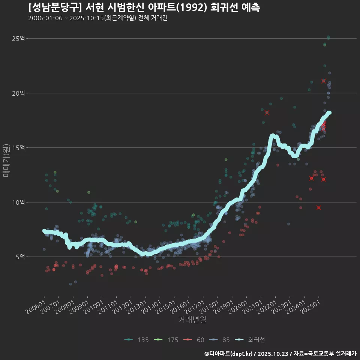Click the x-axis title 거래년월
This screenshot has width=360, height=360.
coord(192,320)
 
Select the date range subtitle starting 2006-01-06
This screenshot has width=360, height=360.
coord(97,18)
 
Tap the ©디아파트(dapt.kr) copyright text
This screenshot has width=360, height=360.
coord(229,353)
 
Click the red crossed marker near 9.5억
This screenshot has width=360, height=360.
coord(319,207)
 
